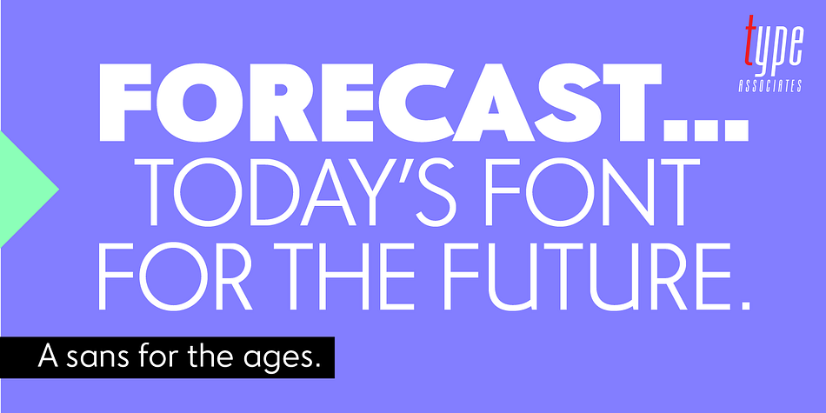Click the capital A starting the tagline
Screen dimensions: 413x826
click(50, 356)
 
